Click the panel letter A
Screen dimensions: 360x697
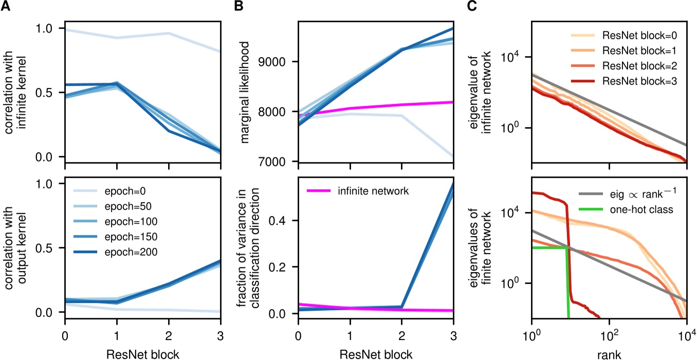(x=6, y=6)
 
